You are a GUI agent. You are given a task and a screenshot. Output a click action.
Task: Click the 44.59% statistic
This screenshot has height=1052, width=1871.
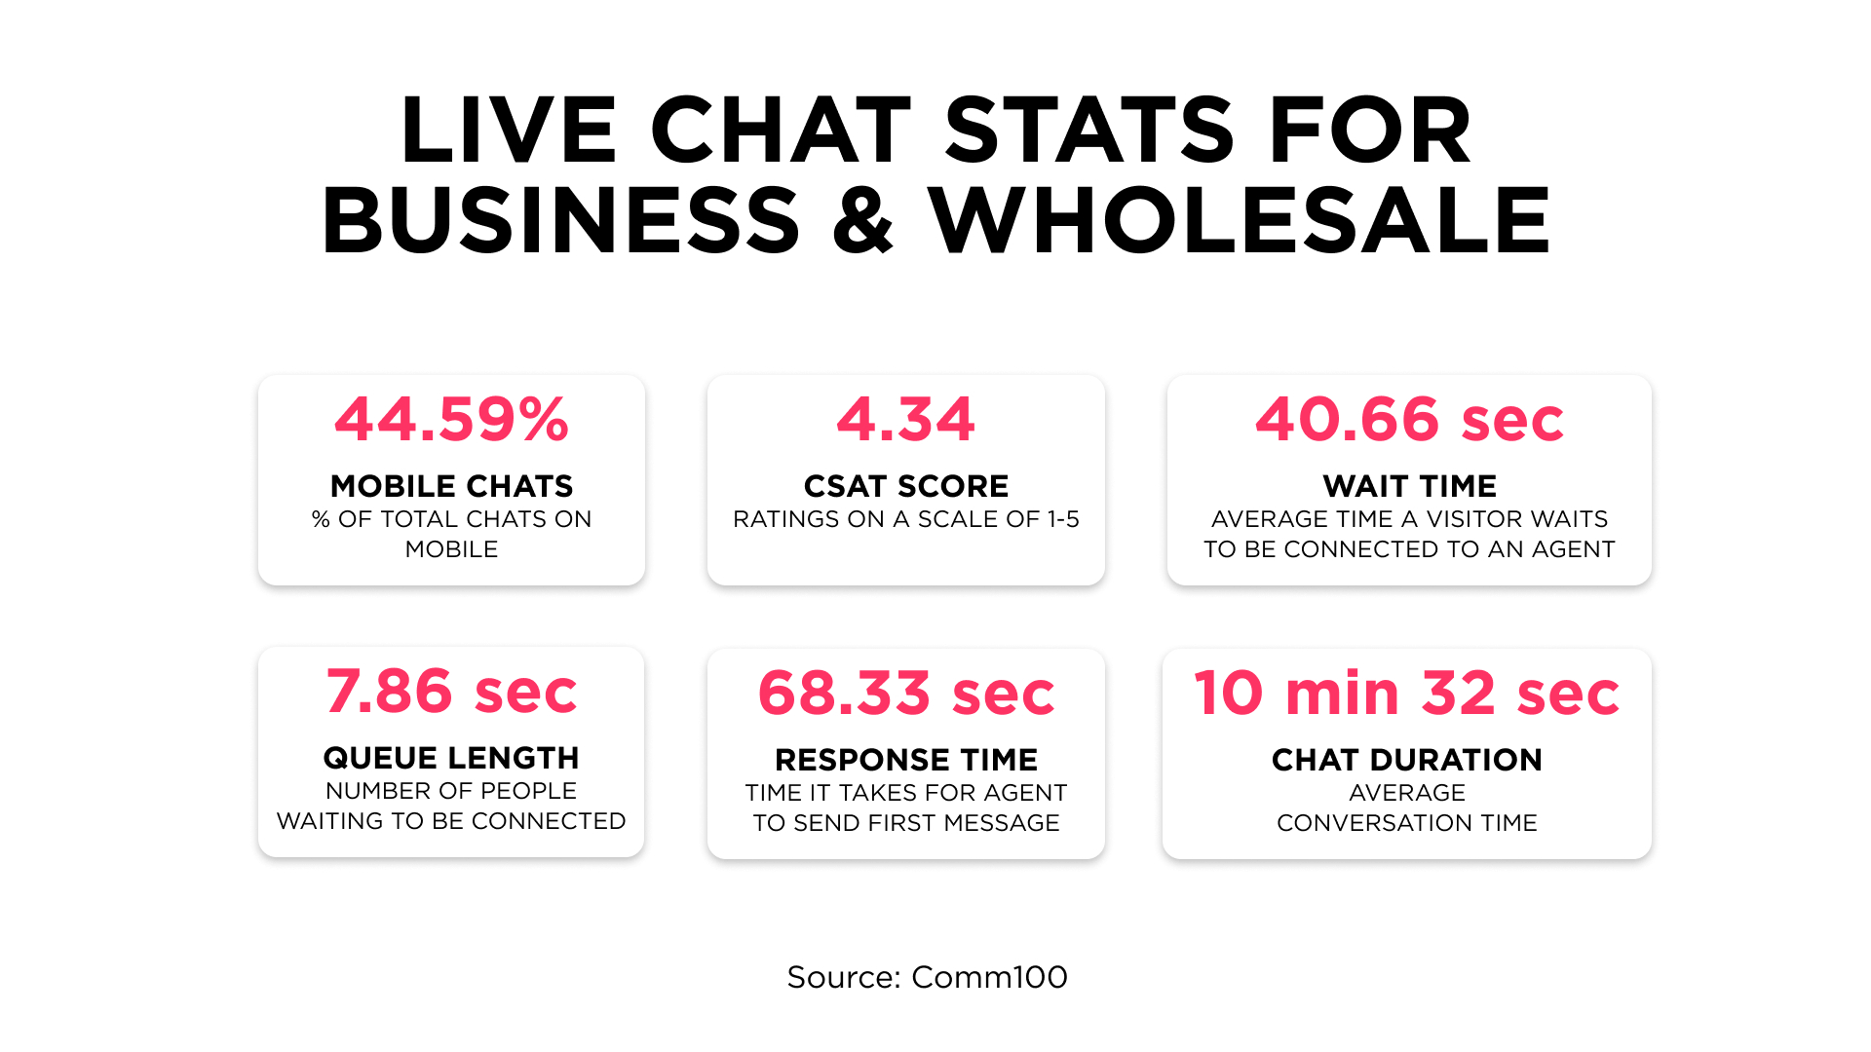pyautogui.click(x=451, y=420)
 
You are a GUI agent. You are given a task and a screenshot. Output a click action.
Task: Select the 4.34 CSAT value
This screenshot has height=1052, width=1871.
pyautogui.click(x=906, y=420)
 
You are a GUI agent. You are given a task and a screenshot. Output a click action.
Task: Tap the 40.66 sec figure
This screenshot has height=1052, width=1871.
pyautogui.click(x=1409, y=420)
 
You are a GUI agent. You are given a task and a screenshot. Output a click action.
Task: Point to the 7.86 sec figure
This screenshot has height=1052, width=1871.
pyautogui.click(x=451, y=692)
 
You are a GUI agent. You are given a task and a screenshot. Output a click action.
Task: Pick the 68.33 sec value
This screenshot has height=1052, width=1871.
pyautogui.click(x=906, y=694)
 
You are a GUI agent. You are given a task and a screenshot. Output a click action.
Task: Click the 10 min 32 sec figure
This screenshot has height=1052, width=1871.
pyautogui.click(x=1407, y=694)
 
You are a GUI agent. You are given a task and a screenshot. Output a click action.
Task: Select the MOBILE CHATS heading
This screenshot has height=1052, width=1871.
pyautogui.click(x=451, y=486)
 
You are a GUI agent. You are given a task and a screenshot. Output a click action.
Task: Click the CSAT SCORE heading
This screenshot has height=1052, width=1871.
pyautogui.click(x=906, y=486)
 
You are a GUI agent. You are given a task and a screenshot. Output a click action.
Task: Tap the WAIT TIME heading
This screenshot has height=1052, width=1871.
pyautogui.click(x=1409, y=486)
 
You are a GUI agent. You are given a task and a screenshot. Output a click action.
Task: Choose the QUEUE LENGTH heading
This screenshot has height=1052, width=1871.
pyautogui.click(x=451, y=758)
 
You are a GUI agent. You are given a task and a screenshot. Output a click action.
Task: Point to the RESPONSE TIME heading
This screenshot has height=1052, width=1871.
pyautogui.click(x=906, y=760)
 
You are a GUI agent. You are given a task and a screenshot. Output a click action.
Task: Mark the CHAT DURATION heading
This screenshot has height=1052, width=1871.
pyautogui.click(x=1407, y=760)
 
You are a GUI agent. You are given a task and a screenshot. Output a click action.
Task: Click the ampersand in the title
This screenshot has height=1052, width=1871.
pyautogui.click(x=863, y=221)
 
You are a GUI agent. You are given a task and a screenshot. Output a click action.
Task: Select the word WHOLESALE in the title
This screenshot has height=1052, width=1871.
pyautogui.click(x=1239, y=221)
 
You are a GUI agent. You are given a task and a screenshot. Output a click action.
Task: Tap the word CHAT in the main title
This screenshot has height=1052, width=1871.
pyautogui.click(x=781, y=131)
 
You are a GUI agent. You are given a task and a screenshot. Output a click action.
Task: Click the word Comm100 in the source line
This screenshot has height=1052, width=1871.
pyautogui.click(x=989, y=977)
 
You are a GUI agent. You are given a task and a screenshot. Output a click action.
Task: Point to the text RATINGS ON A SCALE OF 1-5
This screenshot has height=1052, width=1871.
pyautogui.click(x=906, y=519)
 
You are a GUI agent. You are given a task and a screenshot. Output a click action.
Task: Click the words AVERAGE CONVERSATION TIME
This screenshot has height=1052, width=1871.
pyautogui.click(x=1407, y=808)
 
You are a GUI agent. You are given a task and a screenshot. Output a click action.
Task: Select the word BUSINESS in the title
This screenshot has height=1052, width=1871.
pyautogui.click(x=561, y=221)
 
